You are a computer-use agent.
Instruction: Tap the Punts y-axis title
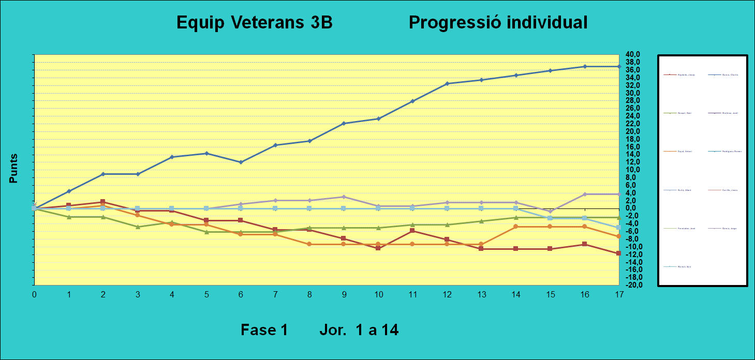tap(14, 168)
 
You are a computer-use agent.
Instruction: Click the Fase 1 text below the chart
tap(264, 330)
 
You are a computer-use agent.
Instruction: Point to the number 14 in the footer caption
tap(388, 330)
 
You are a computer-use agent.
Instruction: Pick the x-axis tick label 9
tap(344, 294)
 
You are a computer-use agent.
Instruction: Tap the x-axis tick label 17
tap(619, 294)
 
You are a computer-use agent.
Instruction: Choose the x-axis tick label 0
tap(34, 294)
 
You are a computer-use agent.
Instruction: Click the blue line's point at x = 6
tap(241, 162)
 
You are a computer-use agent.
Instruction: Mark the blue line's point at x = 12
tap(447, 84)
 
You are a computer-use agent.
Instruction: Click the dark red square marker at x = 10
tap(378, 248)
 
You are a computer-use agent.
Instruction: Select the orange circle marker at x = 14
tap(516, 227)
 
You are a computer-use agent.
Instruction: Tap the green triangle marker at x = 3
tap(138, 227)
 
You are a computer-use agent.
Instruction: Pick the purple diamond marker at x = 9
tap(344, 197)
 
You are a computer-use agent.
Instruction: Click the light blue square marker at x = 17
tap(619, 228)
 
